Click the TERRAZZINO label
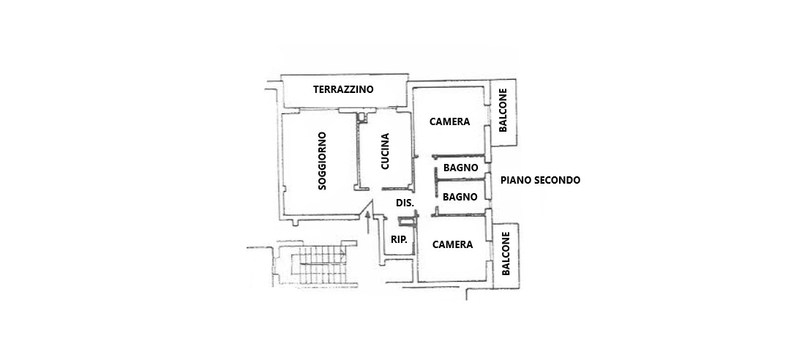[x=343, y=89]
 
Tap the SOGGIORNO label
[x=322, y=162]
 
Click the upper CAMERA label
[x=449, y=121]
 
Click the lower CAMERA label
[x=452, y=244]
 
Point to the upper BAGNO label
[x=460, y=168]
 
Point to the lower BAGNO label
[x=460, y=197]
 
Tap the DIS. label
[x=405, y=203]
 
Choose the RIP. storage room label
[x=399, y=239]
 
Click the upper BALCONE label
[x=503, y=111]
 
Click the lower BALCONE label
[x=505, y=255]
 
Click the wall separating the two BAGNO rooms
[x=457, y=182]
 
